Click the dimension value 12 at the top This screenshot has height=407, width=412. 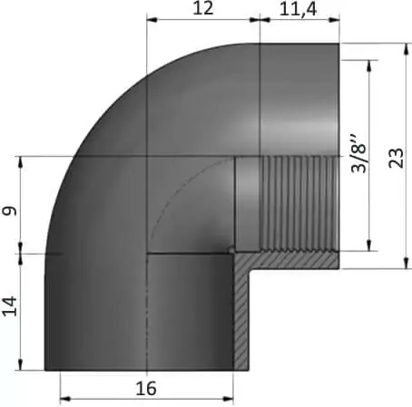202,8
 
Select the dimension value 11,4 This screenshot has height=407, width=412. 298,9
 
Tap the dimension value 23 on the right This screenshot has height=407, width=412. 397,158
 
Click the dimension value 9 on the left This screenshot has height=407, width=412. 9,210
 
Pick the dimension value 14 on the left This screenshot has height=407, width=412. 10,306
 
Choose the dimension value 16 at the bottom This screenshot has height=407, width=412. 146,389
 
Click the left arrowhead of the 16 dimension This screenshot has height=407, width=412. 65,399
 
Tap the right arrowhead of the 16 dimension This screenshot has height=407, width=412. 228,399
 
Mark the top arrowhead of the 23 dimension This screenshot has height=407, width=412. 407,49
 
